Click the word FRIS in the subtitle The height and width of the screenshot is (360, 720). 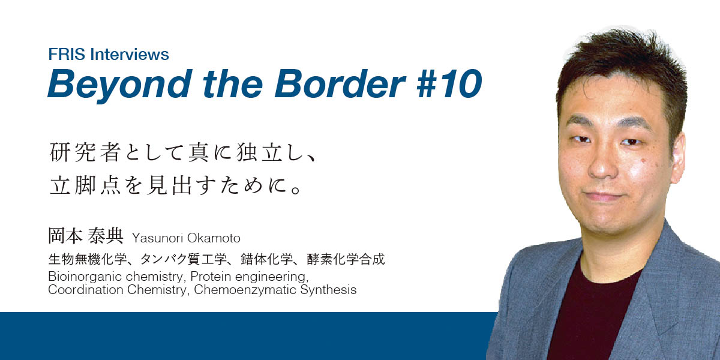coord(67,54)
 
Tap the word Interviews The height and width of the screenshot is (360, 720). coord(130,54)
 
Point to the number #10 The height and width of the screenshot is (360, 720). coord(449,83)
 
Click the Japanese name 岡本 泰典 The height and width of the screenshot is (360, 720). coord(85,236)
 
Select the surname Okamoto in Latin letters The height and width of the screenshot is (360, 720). coord(214,238)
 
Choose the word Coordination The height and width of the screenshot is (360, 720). coord(86,290)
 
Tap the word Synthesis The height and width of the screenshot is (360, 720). coord(329,290)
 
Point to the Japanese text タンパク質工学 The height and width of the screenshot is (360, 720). coord(184,259)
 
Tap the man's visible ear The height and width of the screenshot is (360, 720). coord(677,157)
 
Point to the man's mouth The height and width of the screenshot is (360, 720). coord(604,196)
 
